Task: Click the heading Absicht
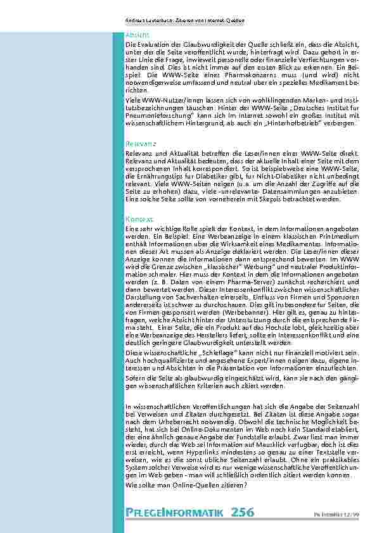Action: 137,35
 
